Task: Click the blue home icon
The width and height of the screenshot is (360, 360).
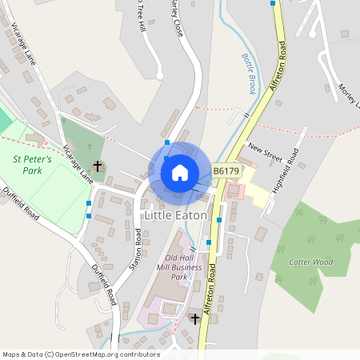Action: point(180,172)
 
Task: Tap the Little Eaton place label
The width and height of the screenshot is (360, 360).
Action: point(175,215)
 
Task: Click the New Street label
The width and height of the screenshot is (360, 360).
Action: point(266,149)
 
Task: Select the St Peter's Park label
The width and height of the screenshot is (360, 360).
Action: point(33,165)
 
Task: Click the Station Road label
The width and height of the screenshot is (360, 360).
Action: point(137,250)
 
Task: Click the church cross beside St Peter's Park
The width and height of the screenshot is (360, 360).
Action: point(98,166)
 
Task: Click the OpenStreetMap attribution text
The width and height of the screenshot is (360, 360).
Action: point(81,354)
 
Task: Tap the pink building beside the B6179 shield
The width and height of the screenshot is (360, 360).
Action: point(234,192)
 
